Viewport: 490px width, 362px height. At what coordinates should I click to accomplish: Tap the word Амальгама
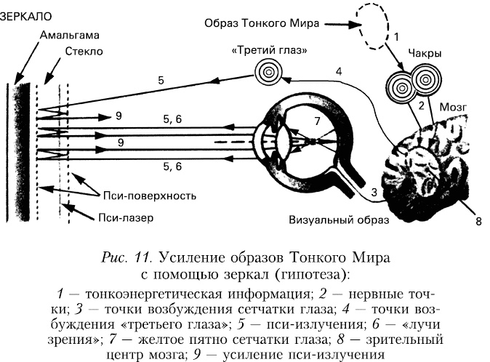[71, 34]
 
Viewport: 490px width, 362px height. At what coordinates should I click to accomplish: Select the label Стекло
[84, 52]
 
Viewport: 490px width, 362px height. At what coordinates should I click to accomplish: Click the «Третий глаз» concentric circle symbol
[268, 72]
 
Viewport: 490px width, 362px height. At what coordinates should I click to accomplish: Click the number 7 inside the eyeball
[316, 120]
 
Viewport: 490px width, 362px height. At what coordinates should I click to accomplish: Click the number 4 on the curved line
[339, 71]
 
